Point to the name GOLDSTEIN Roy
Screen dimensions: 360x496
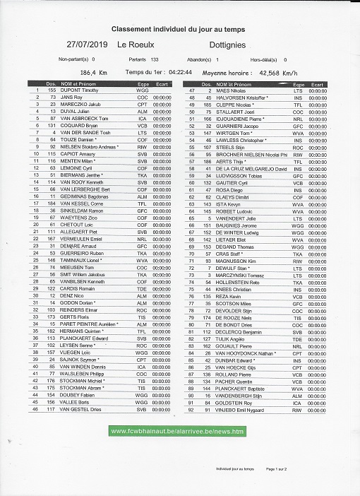coord(232,401)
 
